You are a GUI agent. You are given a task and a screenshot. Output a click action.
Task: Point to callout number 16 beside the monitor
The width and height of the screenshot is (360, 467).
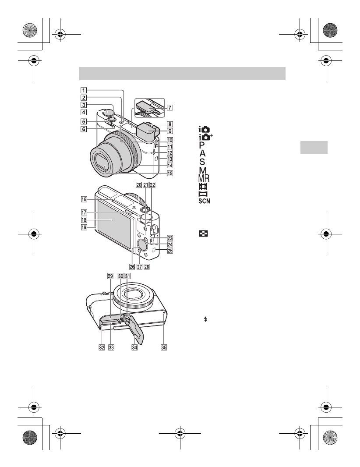tap(82, 198)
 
